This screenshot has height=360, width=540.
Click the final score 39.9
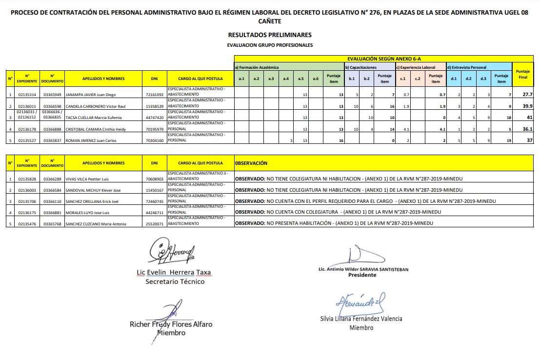[527, 106]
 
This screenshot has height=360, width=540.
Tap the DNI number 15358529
[154, 106]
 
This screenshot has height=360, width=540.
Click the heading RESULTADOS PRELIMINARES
[270, 35]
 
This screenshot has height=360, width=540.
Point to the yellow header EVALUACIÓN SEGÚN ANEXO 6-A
[383, 59]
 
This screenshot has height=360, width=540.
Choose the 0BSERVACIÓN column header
[251, 163]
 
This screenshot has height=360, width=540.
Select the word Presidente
[362, 275]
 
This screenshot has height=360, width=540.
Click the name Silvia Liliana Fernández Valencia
[361, 319]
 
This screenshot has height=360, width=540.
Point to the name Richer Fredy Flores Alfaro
[171, 324]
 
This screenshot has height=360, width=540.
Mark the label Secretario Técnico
[175, 281]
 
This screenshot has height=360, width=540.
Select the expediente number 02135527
[27, 140]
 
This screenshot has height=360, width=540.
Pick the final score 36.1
[527, 129]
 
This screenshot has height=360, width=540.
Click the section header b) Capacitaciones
[361, 67]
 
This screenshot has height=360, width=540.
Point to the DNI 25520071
[154, 224]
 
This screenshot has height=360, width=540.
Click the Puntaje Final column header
[522, 74]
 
